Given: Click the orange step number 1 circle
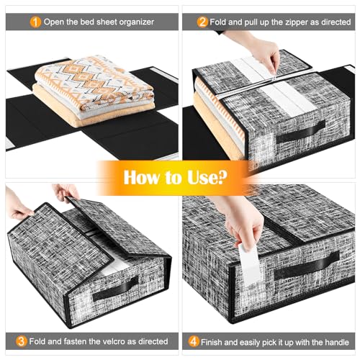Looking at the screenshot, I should point(35,22).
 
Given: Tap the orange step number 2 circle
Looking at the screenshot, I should point(203,22).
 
